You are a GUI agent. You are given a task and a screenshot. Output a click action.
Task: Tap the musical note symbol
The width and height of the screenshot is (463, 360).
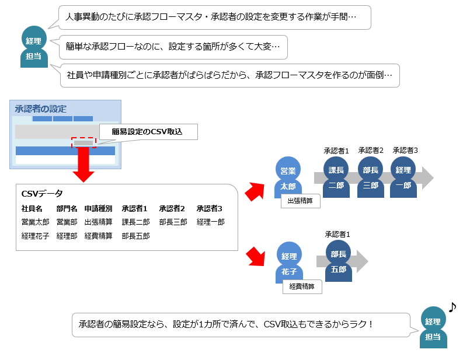point(452,306)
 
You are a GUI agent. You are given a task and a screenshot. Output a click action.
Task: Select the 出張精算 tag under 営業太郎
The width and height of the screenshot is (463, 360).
point(300,201)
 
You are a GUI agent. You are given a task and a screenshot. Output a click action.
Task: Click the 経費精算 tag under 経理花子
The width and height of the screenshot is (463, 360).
point(302,286)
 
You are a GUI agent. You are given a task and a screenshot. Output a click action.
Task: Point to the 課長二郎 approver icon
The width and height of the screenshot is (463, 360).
point(336,177)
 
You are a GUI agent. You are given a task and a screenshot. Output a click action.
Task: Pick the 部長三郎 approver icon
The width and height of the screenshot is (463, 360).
point(371,177)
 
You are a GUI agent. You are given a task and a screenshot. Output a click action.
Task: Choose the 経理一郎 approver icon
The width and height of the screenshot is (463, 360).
point(403,177)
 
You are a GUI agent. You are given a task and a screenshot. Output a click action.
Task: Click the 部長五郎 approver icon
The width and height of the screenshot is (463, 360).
point(339,261)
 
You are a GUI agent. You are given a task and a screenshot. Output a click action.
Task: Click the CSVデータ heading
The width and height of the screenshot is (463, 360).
point(42,194)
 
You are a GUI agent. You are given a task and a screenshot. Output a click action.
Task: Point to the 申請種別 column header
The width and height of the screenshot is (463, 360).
point(98,208)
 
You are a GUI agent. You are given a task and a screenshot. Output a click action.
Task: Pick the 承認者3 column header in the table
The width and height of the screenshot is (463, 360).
point(210,208)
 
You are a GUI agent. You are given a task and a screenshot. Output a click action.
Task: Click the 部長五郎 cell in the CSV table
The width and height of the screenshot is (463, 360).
point(136,236)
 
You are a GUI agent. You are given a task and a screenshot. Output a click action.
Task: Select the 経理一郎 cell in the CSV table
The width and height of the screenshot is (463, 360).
point(211,222)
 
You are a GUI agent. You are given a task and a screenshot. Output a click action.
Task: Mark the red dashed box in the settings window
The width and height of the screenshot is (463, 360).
point(83,142)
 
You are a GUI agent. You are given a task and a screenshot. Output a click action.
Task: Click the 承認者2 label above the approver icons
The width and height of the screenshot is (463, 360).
point(371,151)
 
